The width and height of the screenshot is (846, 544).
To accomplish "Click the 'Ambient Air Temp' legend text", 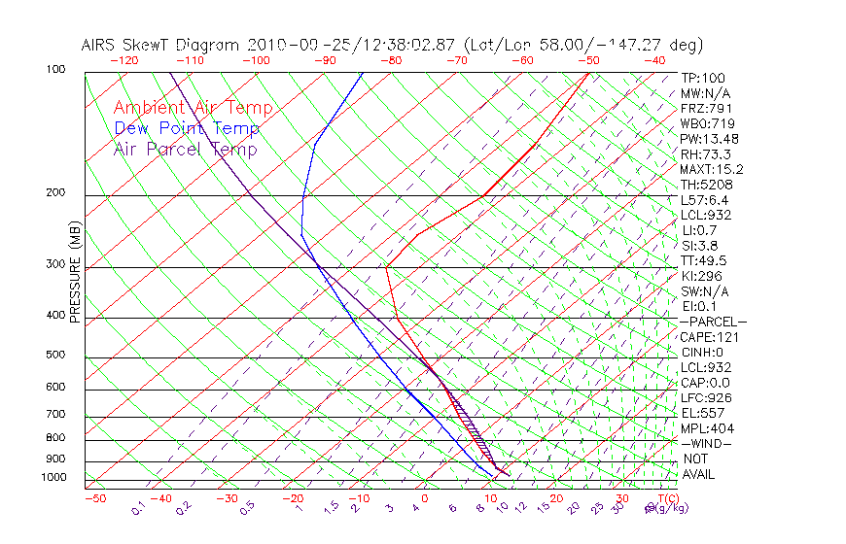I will tap(194, 108).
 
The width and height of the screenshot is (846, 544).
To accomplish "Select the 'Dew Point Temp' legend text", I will tap(187, 128).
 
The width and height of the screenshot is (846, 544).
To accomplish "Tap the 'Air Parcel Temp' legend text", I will tap(186, 149).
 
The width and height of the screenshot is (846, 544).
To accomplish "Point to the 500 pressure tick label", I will tap(55, 356).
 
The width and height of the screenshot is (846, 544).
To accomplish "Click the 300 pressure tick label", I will tap(55, 264).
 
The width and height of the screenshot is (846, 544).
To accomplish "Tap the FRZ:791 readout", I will tap(704, 109).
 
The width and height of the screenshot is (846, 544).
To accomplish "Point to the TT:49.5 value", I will tap(705, 260).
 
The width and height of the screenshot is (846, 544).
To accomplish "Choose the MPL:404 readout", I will tap(705, 428).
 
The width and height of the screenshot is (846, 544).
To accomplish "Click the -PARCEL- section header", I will tap(713, 322).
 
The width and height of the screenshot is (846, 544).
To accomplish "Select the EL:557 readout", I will tap(702, 413).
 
